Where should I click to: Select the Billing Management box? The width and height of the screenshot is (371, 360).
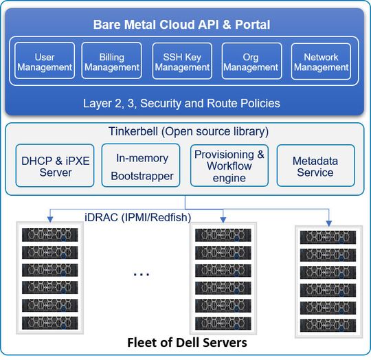(x=112, y=61)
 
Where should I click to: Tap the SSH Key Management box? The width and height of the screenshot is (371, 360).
(x=181, y=61)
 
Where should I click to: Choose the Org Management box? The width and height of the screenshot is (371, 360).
(x=251, y=61)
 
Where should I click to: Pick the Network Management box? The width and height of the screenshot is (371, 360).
(x=321, y=61)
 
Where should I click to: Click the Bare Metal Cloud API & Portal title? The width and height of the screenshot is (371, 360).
(x=182, y=25)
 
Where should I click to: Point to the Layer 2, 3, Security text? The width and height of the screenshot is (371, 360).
(x=182, y=103)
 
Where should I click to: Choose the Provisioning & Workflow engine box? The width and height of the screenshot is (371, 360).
(x=229, y=166)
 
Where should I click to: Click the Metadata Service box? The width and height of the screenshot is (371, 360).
(x=315, y=166)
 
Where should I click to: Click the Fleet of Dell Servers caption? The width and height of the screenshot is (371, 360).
(x=185, y=342)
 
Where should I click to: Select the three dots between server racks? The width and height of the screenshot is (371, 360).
(x=141, y=273)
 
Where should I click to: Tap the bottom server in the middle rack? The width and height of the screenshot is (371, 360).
(x=223, y=320)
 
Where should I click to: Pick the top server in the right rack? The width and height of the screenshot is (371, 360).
(x=326, y=236)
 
